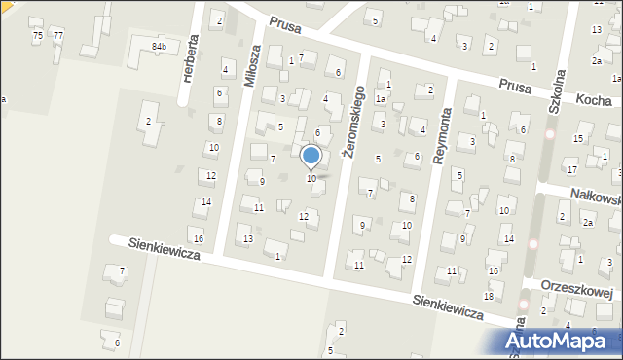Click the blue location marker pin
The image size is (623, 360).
point(311,157)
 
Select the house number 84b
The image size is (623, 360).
point(159,46)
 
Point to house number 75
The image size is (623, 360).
point(37,35)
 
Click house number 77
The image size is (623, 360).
point(58,35)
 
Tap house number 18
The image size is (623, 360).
point(488,296)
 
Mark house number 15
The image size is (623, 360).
point(577,139)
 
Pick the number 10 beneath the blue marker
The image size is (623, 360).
point(311,178)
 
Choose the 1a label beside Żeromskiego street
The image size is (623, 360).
point(383,99)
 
